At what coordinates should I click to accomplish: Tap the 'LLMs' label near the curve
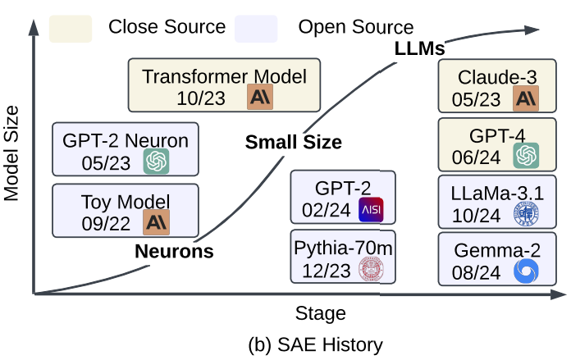pos(418,49)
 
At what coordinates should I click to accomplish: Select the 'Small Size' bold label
pos(294,142)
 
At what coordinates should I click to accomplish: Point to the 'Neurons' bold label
pos(175,251)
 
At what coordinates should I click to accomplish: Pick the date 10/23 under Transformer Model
pos(199,98)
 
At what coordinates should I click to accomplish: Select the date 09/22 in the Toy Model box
pos(104,221)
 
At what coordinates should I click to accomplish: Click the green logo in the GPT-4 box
pos(525,154)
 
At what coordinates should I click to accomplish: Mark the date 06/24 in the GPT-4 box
pos(474,155)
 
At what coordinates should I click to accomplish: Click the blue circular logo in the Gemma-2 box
pos(525,271)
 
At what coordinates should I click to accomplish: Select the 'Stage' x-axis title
pos(320,313)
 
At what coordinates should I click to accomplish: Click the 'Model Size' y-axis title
pos(11,160)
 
